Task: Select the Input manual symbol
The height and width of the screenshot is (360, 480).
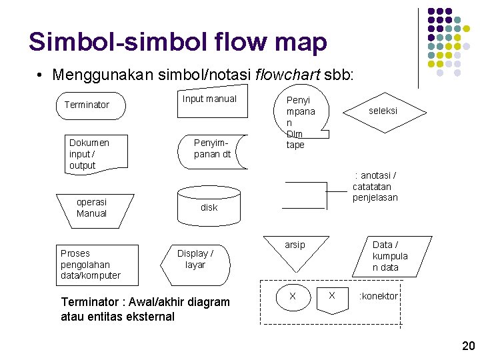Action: click(209, 103)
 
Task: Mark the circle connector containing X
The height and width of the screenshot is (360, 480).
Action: click(292, 295)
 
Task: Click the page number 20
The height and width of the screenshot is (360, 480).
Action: click(468, 345)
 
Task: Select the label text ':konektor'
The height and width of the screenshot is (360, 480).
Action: click(378, 296)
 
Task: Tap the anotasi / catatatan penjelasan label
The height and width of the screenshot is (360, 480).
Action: click(375, 187)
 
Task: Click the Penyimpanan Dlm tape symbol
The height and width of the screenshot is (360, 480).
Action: click(299, 122)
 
